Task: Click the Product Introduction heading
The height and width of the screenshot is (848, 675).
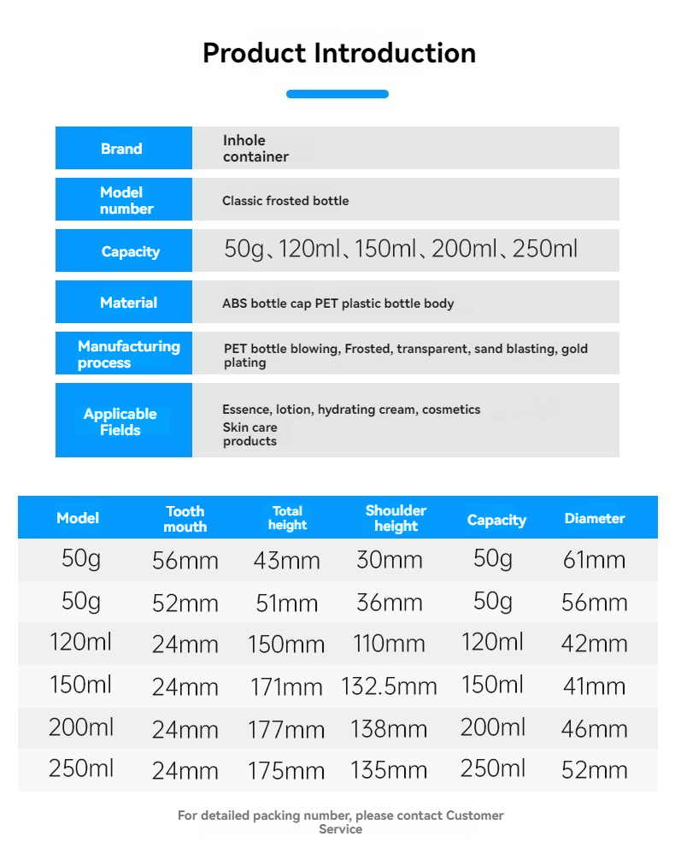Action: (x=338, y=53)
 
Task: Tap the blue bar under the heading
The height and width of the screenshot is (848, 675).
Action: (x=337, y=94)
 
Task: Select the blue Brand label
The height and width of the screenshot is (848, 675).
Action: (x=122, y=149)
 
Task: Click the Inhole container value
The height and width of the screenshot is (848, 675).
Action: (x=255, y=149)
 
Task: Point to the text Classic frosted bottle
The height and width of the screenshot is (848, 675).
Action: (x=285, y=201)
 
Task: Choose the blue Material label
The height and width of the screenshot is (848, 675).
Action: (x=128, y=303)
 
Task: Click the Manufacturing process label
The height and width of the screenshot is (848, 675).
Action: (x=128, y=354)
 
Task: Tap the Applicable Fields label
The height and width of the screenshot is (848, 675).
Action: (x=120, y=421)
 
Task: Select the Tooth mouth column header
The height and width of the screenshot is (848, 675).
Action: (x=185, y=519)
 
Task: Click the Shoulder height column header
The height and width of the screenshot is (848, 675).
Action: (x=396, y=518)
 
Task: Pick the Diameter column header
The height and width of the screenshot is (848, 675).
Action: (x=595, y=518)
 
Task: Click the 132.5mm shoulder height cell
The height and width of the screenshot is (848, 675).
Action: (x=389, y=686)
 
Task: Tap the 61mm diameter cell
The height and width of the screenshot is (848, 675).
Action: (x=595, y=561)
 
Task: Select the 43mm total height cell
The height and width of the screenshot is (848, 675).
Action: (x=287, y=561)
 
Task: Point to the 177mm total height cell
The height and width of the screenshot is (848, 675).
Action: (x=286, y=730)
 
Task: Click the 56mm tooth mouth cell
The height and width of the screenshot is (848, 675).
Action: (x=185, y=561)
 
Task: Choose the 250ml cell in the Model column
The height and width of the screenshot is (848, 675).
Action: (x=81, y=768)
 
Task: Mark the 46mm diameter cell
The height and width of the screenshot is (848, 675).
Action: (x=595, y=729)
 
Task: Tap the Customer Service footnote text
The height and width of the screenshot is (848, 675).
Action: (x=340, y=822)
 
